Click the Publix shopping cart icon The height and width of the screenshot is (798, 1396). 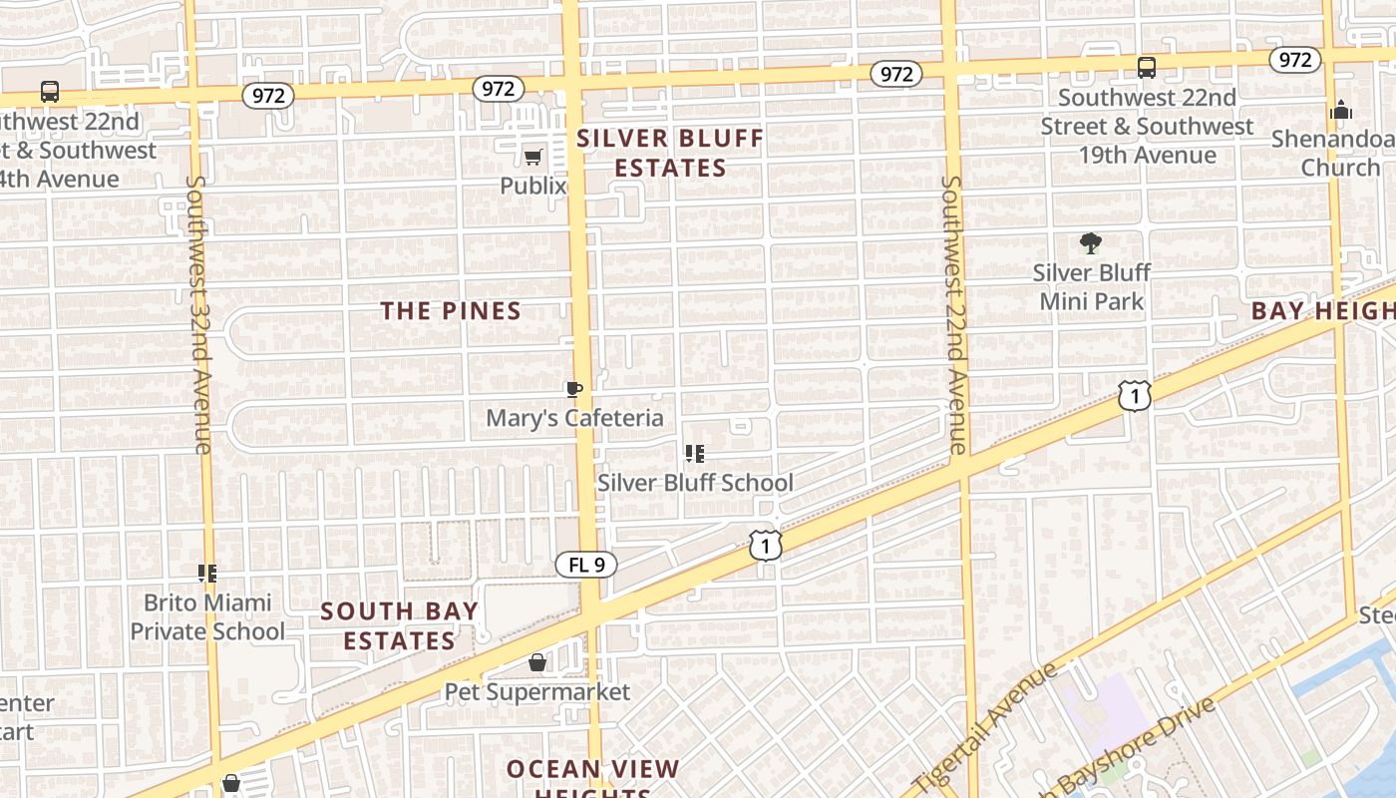pyautogui.click(x=533, y=157)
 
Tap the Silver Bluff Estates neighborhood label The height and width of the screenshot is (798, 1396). pyautogui.click(x=670, y=153)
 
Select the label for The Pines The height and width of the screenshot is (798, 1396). pyautogui.click(x=451, y=311)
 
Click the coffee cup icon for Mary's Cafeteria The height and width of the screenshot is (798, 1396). pyautogui.click(x=573, y=389)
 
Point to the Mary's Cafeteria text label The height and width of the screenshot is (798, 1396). pyautogui.click(x=574, y=418)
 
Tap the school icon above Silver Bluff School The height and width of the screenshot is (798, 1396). pyautogui.click(x=695, y=455)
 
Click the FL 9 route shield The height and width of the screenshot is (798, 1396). pyautogui.click(x=586, y=565)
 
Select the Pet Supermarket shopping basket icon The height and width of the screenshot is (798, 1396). pyautogui.click(x=537, y=662)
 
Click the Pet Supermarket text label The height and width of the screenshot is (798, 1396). pyautogui.click(x=537, y=691)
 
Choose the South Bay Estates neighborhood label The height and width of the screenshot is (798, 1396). pyautogui.click(x=399, y=625)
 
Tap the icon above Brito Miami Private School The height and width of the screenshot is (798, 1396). pyautogui.click(x=207, y=574)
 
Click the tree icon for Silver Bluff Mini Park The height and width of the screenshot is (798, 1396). pyautogui.click(x=1091, y=242)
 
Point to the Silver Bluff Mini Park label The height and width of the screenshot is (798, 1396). pyautogui.click(x=1092, y=287)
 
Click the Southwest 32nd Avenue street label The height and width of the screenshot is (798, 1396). pyautogui.click(x=198, y=314)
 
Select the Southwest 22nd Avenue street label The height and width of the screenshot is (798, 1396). pyautogui.click(x=954, y=314)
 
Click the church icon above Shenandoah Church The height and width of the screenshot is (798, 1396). pyautogui.click(x=1341, y=110)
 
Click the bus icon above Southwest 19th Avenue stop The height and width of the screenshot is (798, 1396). pyautogui.click(x=1147, y=68)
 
